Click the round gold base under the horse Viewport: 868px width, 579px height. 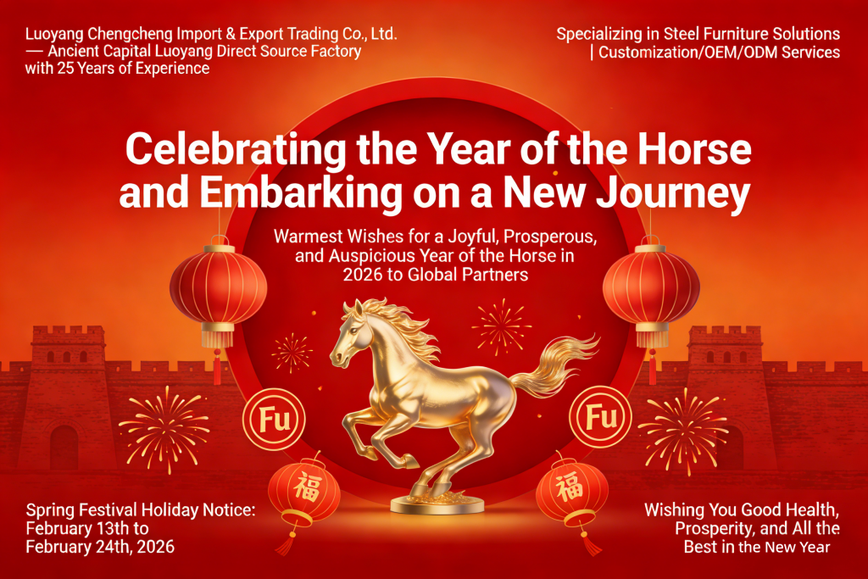[x=437, y=504]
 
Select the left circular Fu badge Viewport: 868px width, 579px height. [x=274, y=419]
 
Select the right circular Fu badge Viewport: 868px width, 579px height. [x=601, y=416]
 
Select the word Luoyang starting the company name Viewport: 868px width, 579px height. [x=54, y=35]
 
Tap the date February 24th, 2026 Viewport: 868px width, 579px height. [x=100, y=547]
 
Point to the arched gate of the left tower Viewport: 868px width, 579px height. [x=64, y=448]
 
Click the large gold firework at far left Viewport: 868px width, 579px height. [x=164, y=429]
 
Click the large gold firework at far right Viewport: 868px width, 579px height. [x=684, y=431]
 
